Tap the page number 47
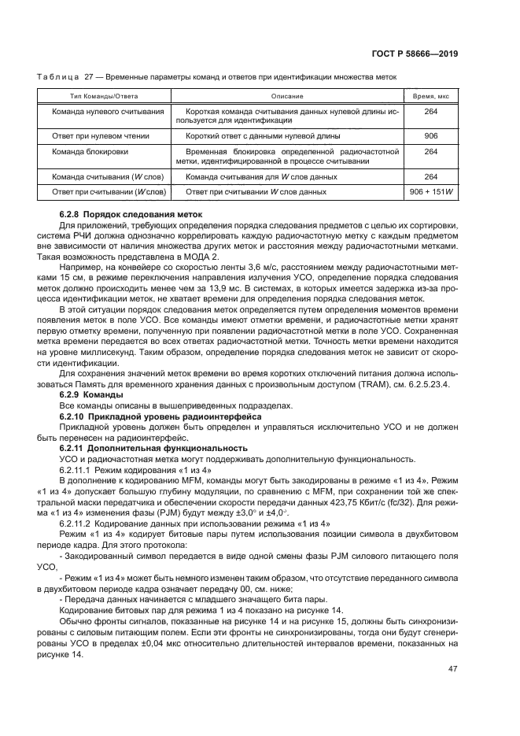[x=452, y=669]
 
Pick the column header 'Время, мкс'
[x=430, y=95]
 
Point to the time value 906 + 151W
[x=430, y=191]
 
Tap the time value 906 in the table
[x=430, y=135]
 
